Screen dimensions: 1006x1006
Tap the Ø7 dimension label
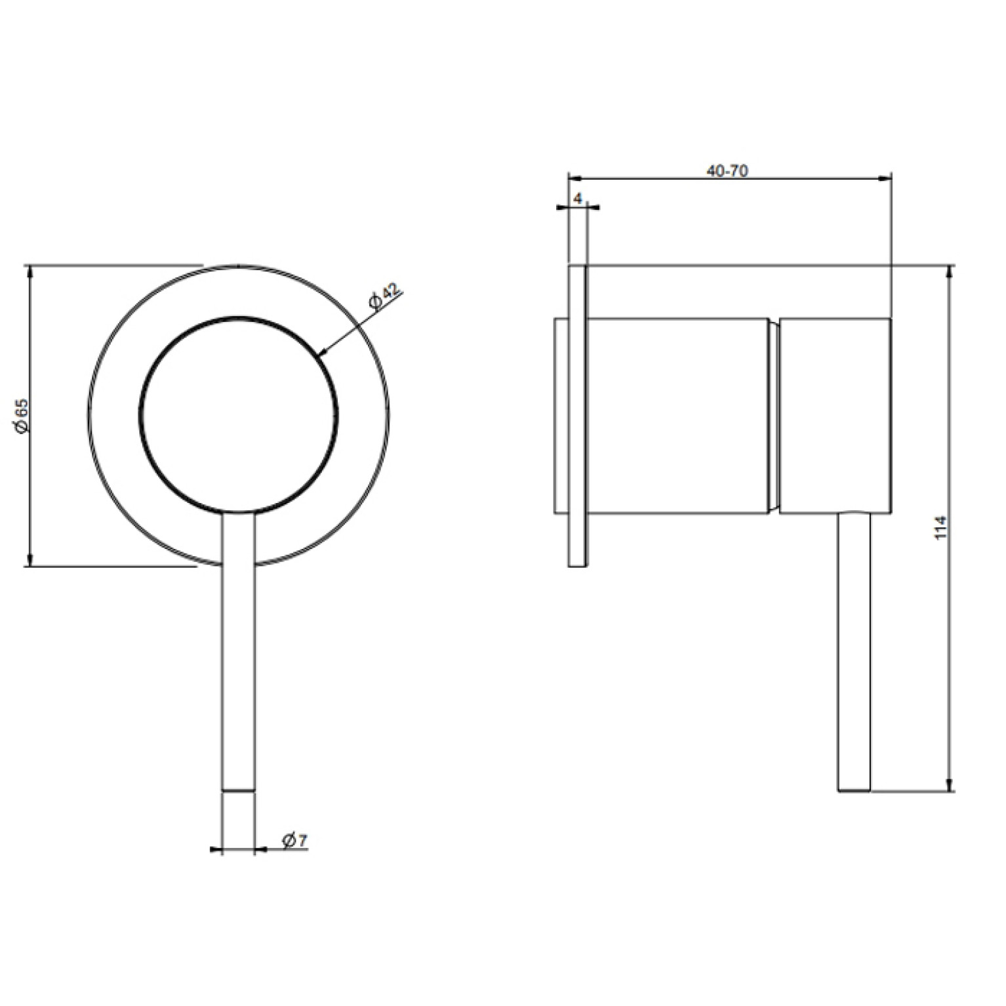pos(295,841)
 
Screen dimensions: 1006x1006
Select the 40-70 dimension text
pos(727,171)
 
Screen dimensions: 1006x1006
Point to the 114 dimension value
pos(942,527)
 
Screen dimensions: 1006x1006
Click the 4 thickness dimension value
pos(577,197)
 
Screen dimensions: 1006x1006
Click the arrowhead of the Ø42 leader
pos(322,353)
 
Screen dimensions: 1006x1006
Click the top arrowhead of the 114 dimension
pos(951,272)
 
